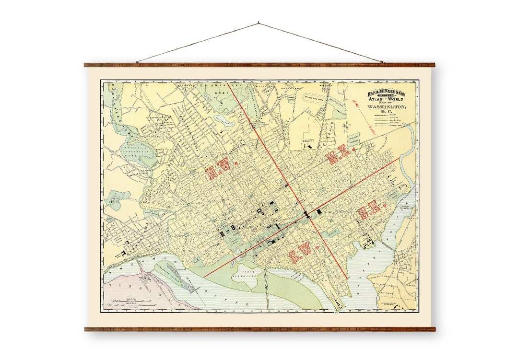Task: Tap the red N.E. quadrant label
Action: click(341, 156)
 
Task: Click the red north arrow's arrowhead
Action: click(354, 102)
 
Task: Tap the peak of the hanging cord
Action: click(259, 23)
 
